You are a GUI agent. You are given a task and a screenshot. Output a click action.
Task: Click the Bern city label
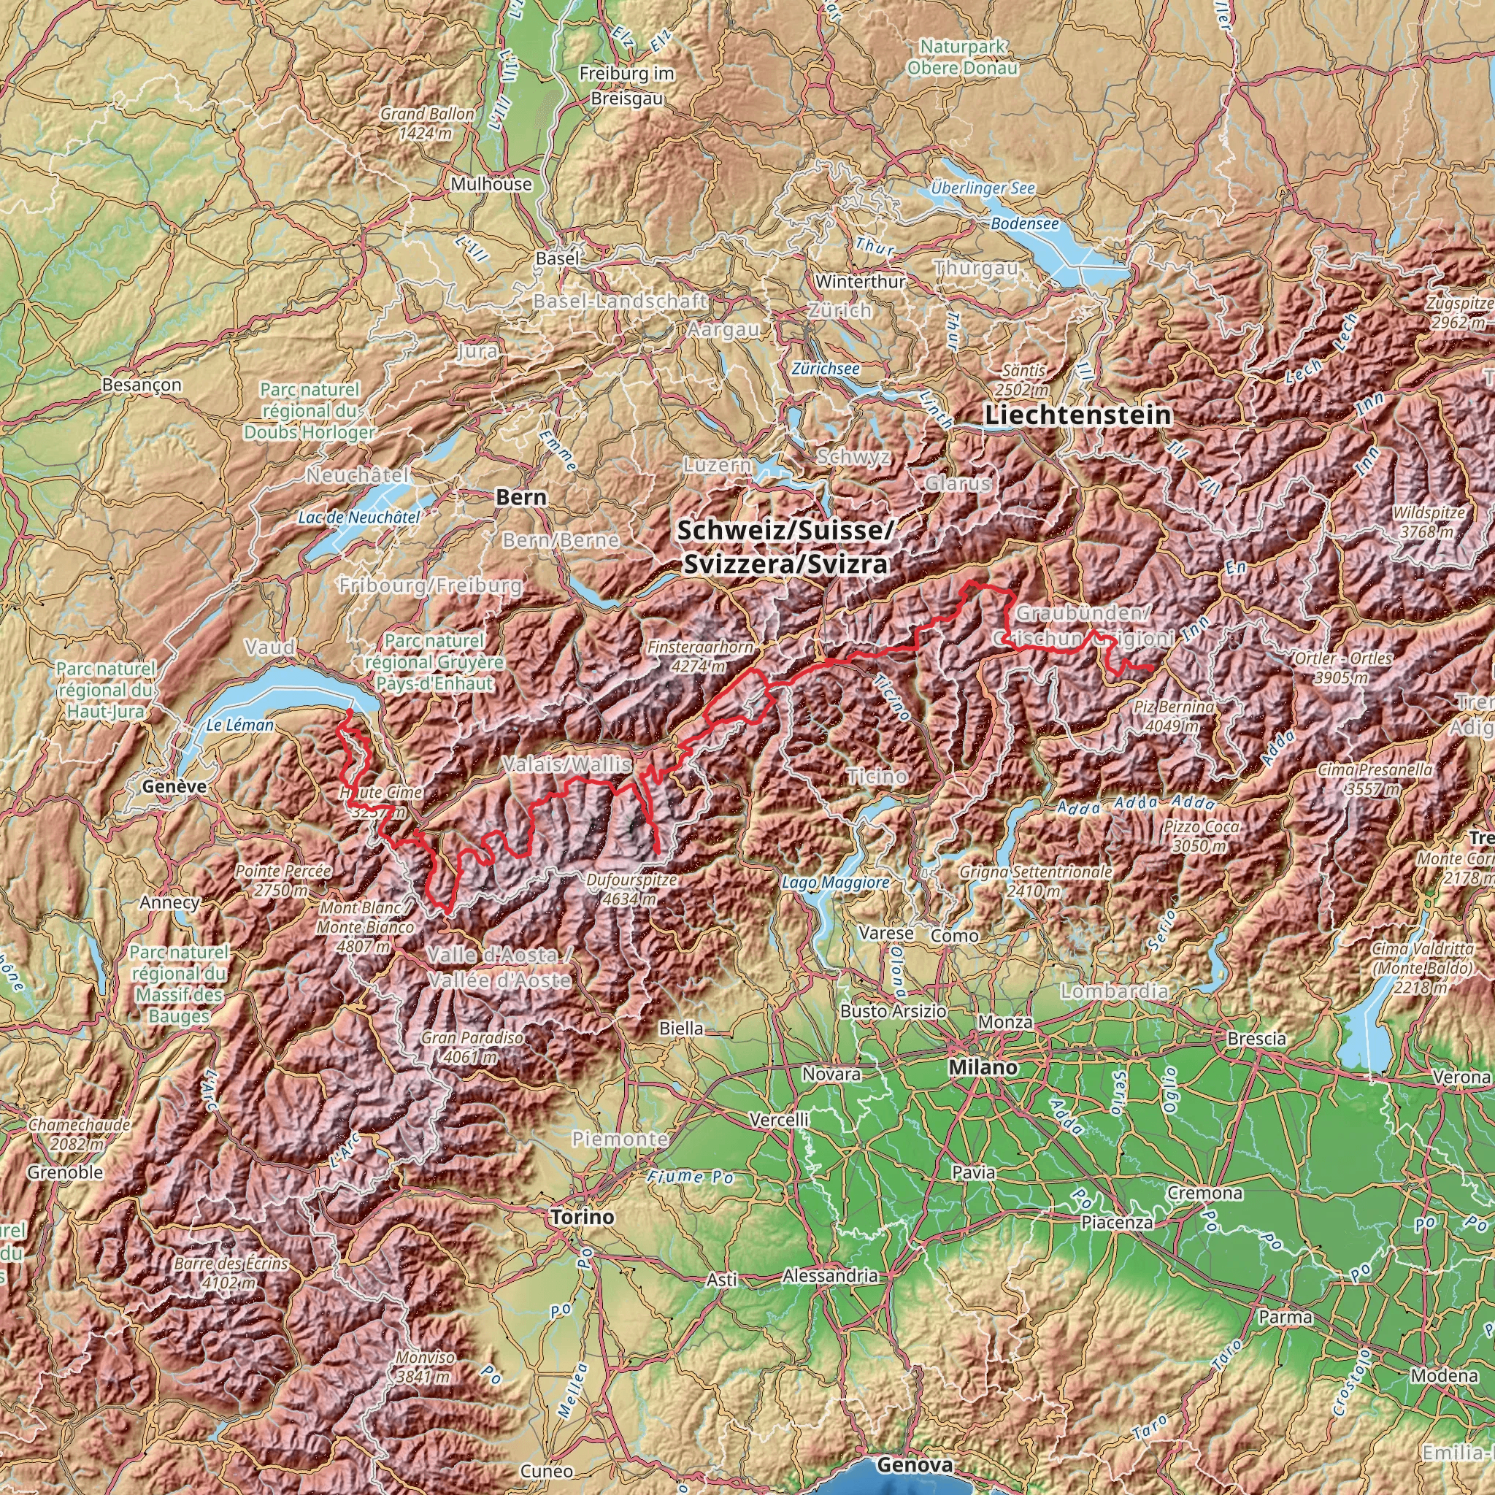(x=520, y=498)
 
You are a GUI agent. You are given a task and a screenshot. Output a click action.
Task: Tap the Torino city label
(x=582, y=1216)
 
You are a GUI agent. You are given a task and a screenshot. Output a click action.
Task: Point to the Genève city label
(x=174, y=786)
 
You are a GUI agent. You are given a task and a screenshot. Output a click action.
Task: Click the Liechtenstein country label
(x=1078, y=415)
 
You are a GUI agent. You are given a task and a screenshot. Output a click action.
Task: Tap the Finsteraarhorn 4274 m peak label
(x=700, y=656)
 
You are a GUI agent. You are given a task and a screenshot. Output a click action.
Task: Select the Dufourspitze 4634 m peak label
(x=631, y=889)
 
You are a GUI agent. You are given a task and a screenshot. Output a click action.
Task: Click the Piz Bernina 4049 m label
(x=1173, y=716)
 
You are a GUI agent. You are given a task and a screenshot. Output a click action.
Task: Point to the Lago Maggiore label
(x=835, y=881)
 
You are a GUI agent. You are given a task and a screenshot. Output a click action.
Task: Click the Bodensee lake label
(x=1024, y=223)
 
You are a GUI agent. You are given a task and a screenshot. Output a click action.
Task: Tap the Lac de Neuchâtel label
(x=359, y=517)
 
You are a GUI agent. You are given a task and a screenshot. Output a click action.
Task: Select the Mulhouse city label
(x=491, y=184)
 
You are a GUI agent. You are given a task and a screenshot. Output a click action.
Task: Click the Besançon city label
(x=142, y=385)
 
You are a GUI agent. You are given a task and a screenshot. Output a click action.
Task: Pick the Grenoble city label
(x=65, y=1172)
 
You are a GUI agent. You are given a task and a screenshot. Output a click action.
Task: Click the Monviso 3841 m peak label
(x=425, y=1367)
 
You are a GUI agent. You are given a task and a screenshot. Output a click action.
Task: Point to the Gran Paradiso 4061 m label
(x=472, y=1046)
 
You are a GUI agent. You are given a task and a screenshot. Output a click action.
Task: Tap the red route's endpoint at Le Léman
(x=349, y=711)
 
